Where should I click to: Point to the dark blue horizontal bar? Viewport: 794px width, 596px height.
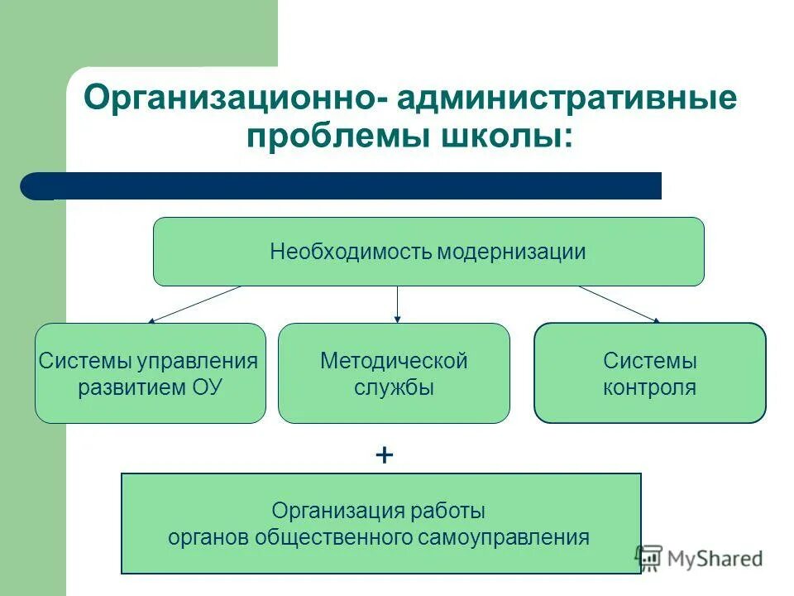[x=347, y=186]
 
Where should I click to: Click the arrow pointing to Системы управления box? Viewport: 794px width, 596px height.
[x=194, y=304]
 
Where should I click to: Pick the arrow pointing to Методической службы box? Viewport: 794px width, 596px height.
[x=398, y=304]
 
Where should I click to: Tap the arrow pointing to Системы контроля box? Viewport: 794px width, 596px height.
[x=619, y=304]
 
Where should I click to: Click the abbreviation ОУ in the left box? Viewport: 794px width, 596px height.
[x=208, y=387]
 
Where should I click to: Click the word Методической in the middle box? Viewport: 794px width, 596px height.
[x=394, y=361]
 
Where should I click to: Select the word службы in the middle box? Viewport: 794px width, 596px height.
[x=394, y=387]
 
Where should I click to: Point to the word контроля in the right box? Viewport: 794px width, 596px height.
[x=650, y=387]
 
